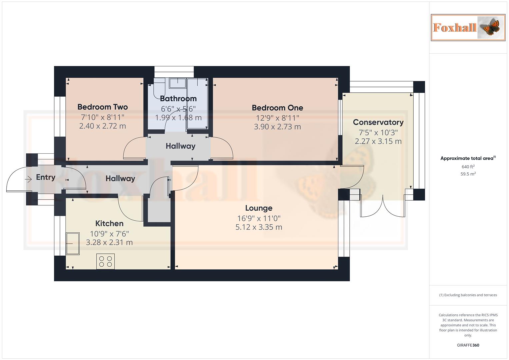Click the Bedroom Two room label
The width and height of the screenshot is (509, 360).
pos(102,107)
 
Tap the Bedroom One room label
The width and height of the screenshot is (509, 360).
pos(277,108)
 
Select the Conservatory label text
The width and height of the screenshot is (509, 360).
pos(378,122)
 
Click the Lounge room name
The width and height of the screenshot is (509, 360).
pos(259,208)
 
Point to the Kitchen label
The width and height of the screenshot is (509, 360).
pos(109,223)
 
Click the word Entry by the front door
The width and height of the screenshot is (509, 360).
pos(46,177)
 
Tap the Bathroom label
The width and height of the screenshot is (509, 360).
pos(178,99)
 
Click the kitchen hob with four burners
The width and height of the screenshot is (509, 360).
pos(106,261)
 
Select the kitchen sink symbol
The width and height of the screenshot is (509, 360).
pos(73,244)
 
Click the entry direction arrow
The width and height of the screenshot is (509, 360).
pos(28,179)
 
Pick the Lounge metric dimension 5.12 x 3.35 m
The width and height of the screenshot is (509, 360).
pos(259,227)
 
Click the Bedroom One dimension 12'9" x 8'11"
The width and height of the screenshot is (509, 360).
pos(277,118)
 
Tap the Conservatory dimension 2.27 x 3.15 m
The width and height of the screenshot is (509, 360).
pos(378,141)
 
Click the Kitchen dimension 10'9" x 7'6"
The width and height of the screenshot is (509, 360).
pos(109,234)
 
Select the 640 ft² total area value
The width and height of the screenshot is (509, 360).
pos(468,167)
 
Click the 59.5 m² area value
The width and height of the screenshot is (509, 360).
pos(468,174)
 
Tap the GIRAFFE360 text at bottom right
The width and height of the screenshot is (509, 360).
pos(468,345)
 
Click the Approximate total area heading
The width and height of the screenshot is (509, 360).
pos(468,158)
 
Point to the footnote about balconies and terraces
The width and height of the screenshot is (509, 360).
pos(468,295)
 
